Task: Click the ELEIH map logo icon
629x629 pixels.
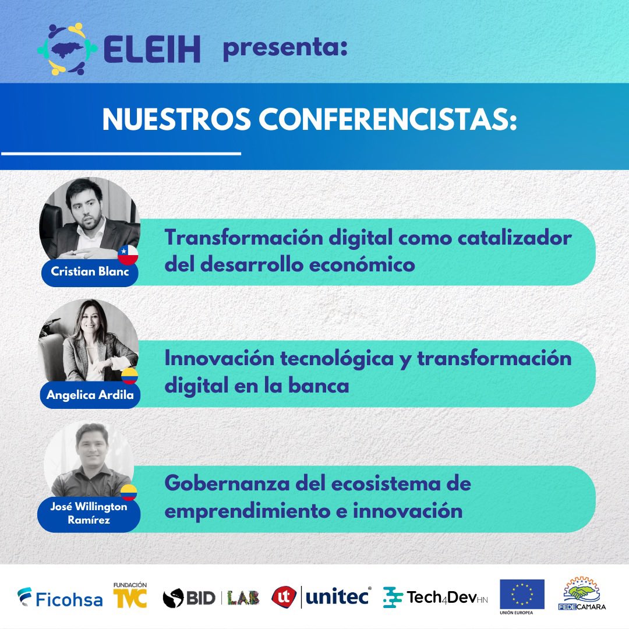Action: click(x=66, y=49)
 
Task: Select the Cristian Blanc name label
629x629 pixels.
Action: click(x=89, y=272)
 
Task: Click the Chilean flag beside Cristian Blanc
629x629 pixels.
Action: click(x=128, y=255)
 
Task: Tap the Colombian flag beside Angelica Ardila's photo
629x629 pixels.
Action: click(x=129, y=376)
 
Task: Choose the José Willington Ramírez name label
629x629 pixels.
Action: click(x=90, y=513)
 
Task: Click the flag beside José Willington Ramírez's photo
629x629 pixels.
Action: click(x=129, y=493)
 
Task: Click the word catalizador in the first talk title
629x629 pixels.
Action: click(x=512, y=238)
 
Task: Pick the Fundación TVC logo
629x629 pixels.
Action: click(x=130, y=595)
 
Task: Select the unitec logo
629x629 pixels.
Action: click(x=321, y=597)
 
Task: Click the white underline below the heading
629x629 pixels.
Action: click(x=121, y=154)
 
